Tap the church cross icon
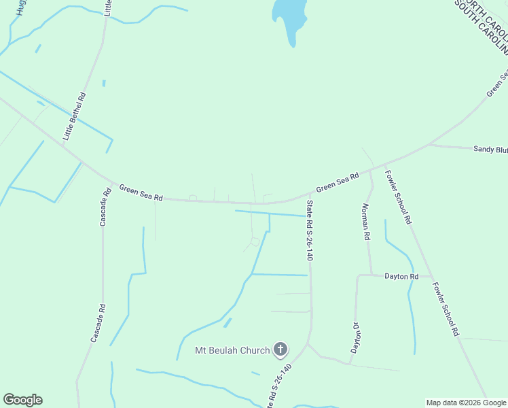click(280, 350)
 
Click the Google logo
click(22, 400)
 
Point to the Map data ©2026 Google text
click(466, 403)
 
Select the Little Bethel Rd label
click(75, 117)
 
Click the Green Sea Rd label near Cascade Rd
click(141, 192)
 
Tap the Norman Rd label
click(365, 222)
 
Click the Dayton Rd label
click(401, 276)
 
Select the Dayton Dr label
click(355, 337)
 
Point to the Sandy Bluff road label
click(490, 148)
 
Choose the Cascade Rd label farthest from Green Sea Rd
click(99, 322)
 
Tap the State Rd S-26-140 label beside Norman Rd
click(310, 231)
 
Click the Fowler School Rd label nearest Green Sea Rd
click(399, 197)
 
